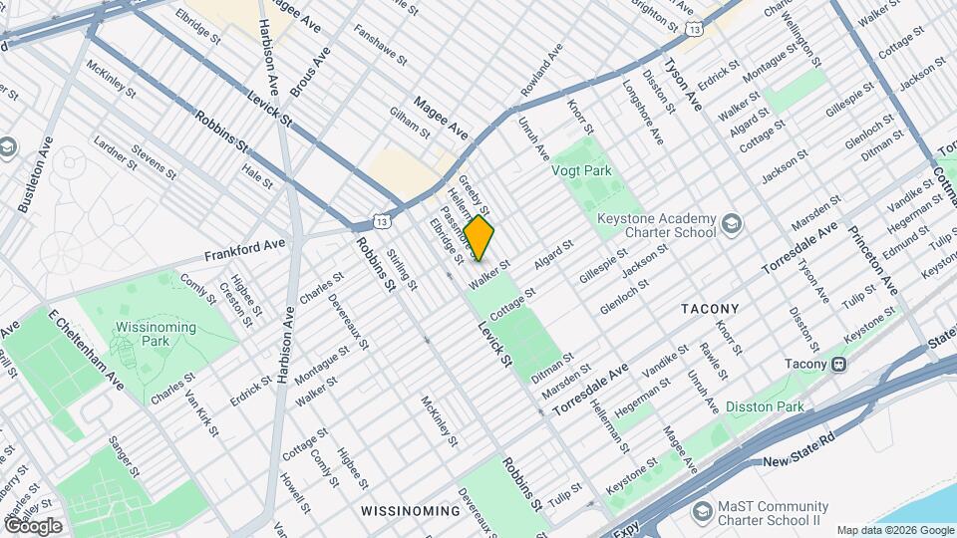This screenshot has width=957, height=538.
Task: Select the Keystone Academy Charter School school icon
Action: tap(733, 221)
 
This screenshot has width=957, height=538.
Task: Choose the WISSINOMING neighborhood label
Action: tap(411, 511)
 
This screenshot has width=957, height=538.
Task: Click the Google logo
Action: tap(33, 525)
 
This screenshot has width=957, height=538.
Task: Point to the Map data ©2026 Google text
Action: tap(894, 530)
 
